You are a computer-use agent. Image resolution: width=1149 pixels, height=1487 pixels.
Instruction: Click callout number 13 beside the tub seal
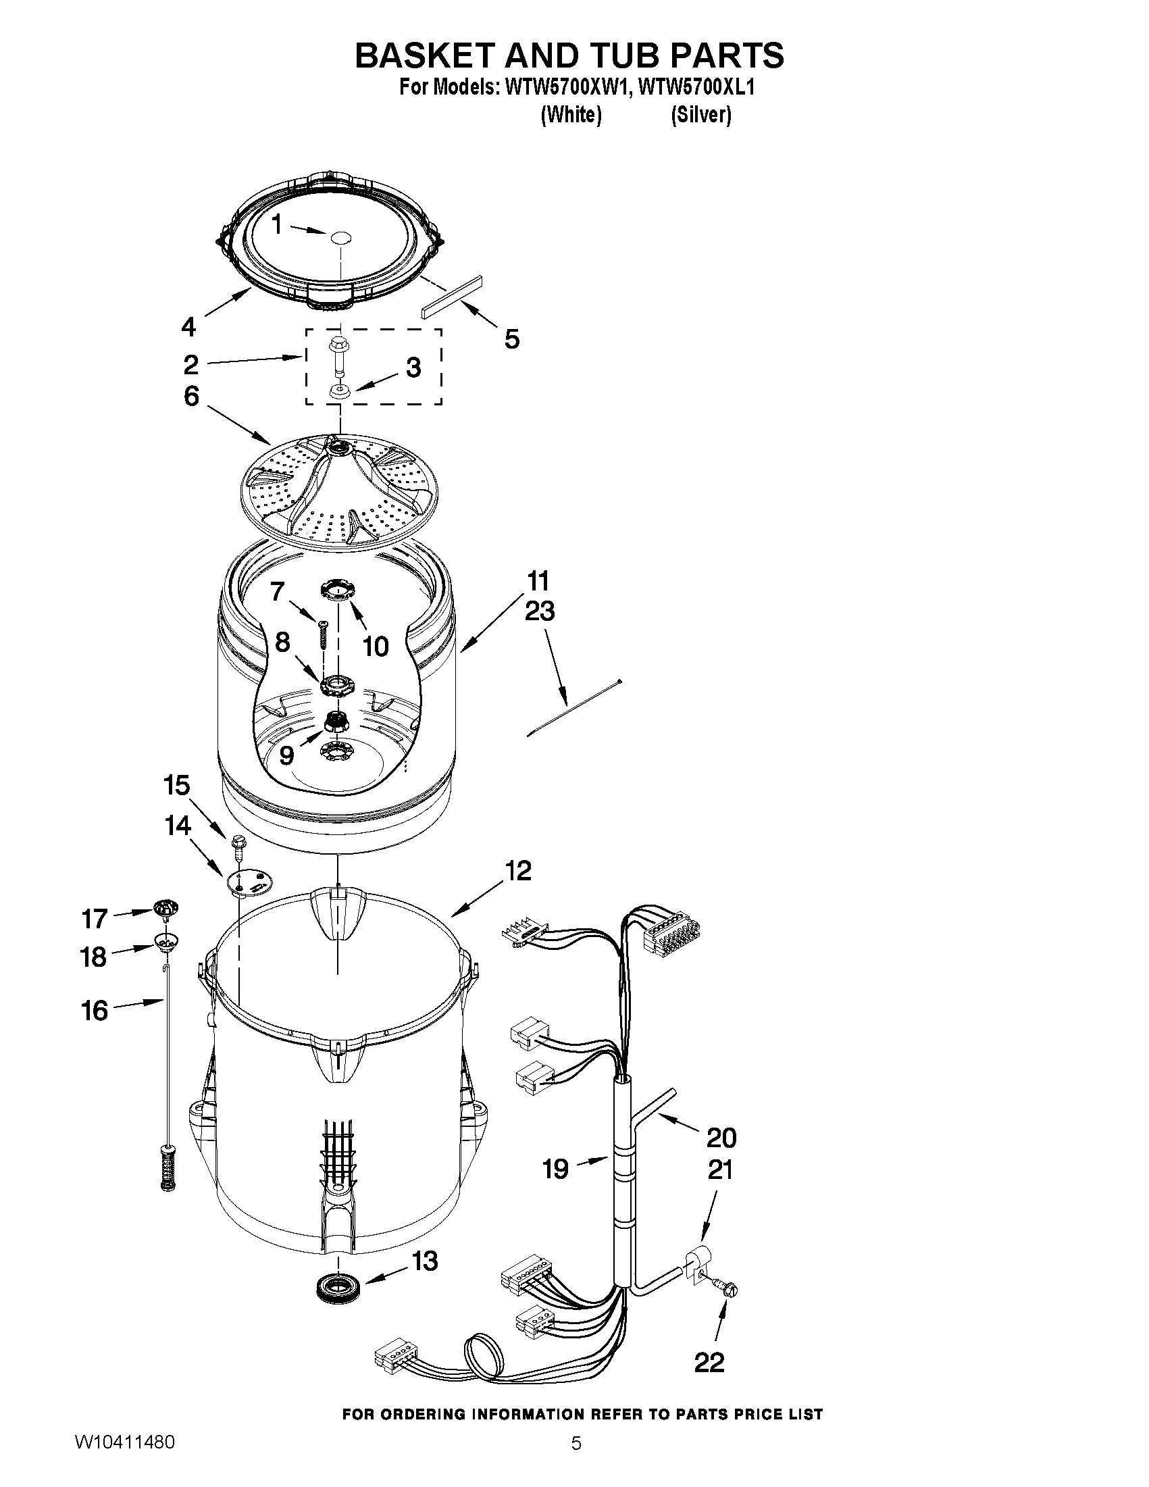(425, 1261)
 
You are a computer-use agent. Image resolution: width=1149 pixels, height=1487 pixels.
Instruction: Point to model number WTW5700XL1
(697, 88)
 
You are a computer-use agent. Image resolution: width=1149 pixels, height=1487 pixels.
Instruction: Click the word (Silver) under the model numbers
(700, 115)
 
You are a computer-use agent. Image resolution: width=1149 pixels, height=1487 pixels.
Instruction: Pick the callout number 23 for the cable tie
(540, 611)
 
